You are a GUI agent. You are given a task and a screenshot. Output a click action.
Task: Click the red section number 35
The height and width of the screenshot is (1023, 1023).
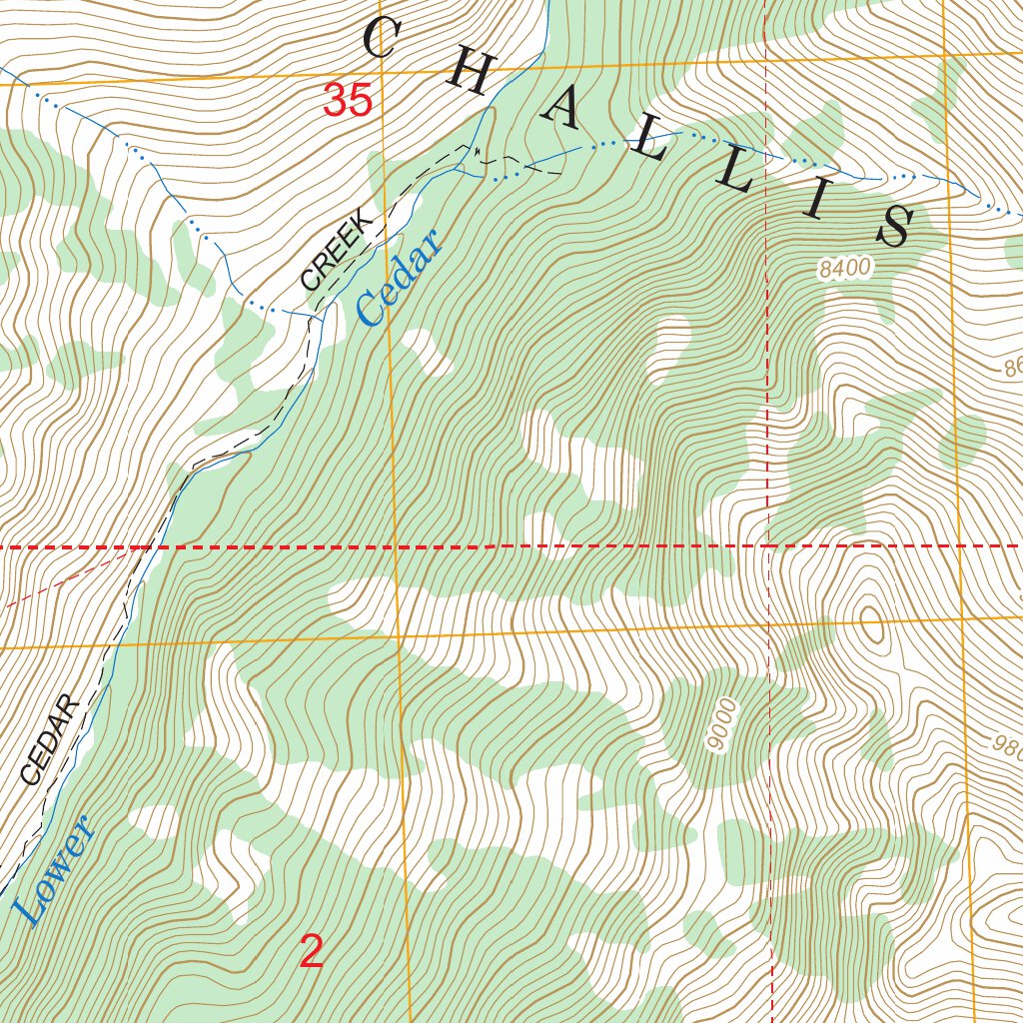(x=348, y=101)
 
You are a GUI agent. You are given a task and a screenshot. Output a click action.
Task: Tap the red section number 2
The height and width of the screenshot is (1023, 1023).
(x=312, y=952)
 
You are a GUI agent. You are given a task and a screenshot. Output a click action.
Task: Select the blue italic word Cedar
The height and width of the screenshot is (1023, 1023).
(x=397, y=279)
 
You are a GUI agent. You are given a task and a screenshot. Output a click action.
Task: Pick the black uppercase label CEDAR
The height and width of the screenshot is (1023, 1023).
(x=49, y=739)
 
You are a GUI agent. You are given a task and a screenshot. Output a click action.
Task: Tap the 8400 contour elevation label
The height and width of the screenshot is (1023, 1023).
(x=844, y=268)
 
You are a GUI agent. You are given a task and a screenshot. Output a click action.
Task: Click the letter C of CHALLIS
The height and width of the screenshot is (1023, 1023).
(x=381, y=39)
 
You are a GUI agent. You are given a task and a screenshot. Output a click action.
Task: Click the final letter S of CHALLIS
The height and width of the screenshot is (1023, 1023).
(x=894, y=227)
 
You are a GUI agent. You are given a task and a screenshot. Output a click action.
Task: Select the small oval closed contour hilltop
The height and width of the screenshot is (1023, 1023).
(x=871, y=623)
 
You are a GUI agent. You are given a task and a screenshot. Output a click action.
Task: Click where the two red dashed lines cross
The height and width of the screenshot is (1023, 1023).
(x=767, y=546)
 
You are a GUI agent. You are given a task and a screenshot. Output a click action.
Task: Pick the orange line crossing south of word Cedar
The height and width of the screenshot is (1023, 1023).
(x=396, y=636)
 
